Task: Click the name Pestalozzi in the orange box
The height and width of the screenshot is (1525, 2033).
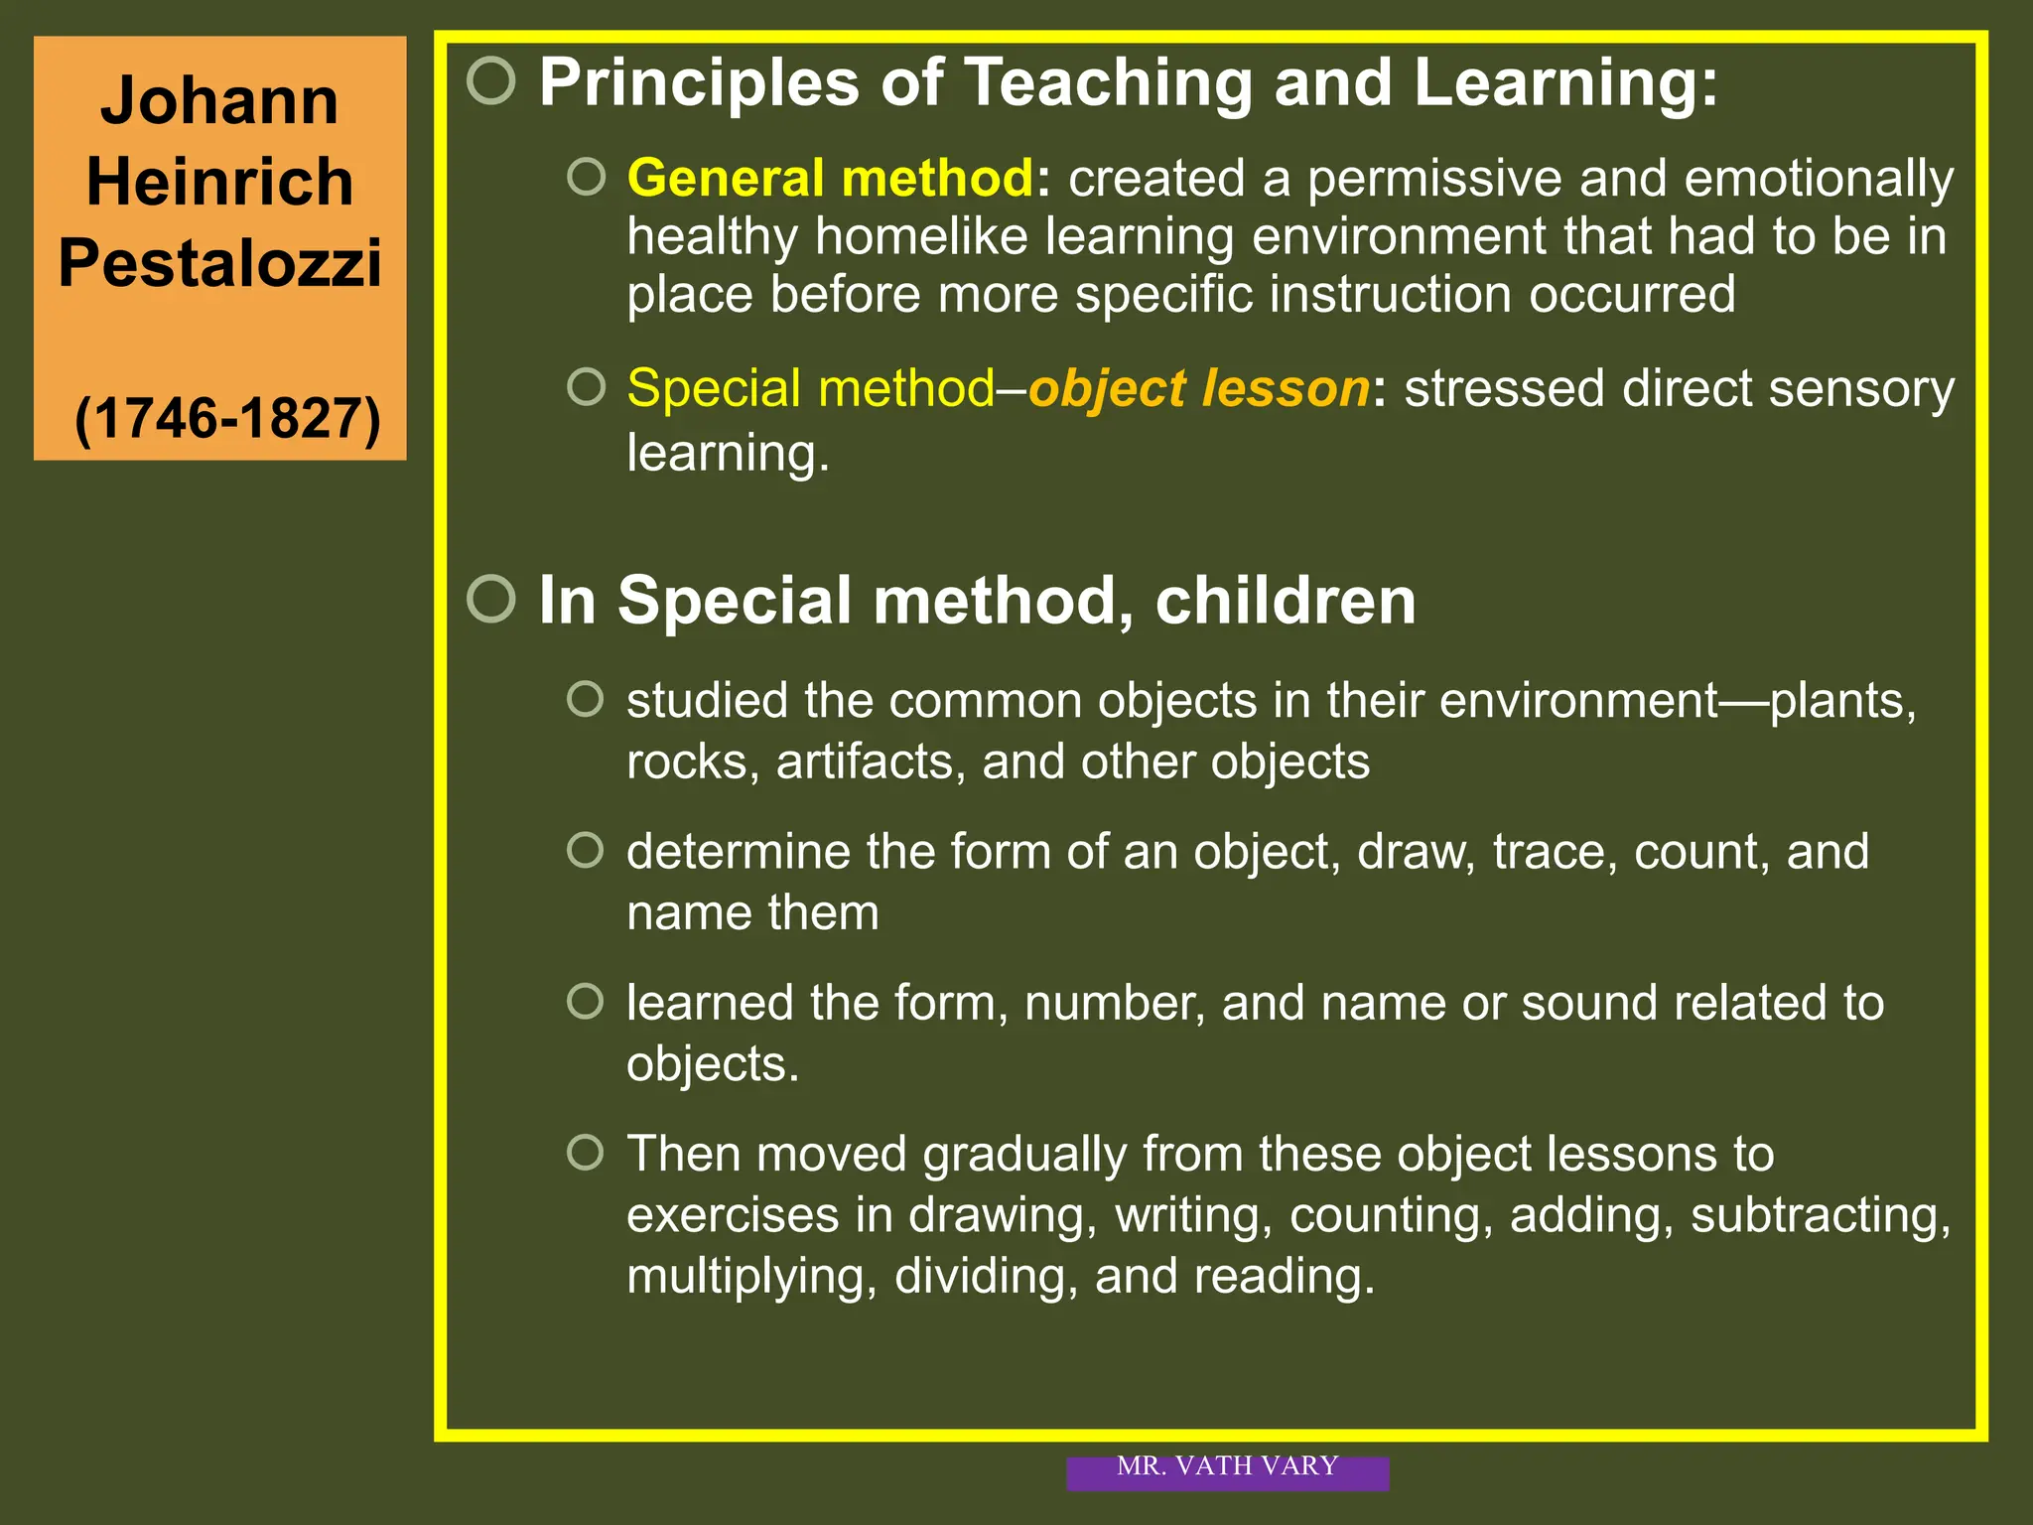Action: (219, 263)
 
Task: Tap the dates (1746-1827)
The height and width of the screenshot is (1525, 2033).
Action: (227, 418)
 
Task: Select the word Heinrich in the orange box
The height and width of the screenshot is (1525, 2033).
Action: (219, 182)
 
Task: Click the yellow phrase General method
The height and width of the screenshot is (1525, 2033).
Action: (830, 178)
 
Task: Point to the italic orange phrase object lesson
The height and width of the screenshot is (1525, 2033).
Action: (1198, 388)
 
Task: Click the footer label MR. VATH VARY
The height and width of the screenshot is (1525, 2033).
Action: (1227, 1466)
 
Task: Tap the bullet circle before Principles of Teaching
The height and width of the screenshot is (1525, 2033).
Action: (491, 80)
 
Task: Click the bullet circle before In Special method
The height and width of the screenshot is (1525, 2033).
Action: (491, 599)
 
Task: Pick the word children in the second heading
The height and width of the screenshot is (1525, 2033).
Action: (1285, 601)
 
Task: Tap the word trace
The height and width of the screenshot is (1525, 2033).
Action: (1554, 852)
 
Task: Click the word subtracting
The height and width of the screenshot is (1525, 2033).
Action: (1820, 1215)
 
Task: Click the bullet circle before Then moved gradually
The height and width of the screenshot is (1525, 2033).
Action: (586, 1153)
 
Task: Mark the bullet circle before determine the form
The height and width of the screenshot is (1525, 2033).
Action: (586, 850)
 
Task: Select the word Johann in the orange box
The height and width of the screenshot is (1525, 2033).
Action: (219, 101)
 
